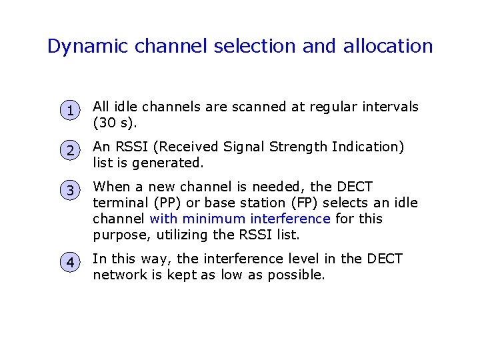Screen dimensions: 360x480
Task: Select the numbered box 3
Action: point(70,191)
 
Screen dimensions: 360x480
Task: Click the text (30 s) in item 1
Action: point(112,123)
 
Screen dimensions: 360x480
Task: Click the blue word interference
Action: point(290,219)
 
